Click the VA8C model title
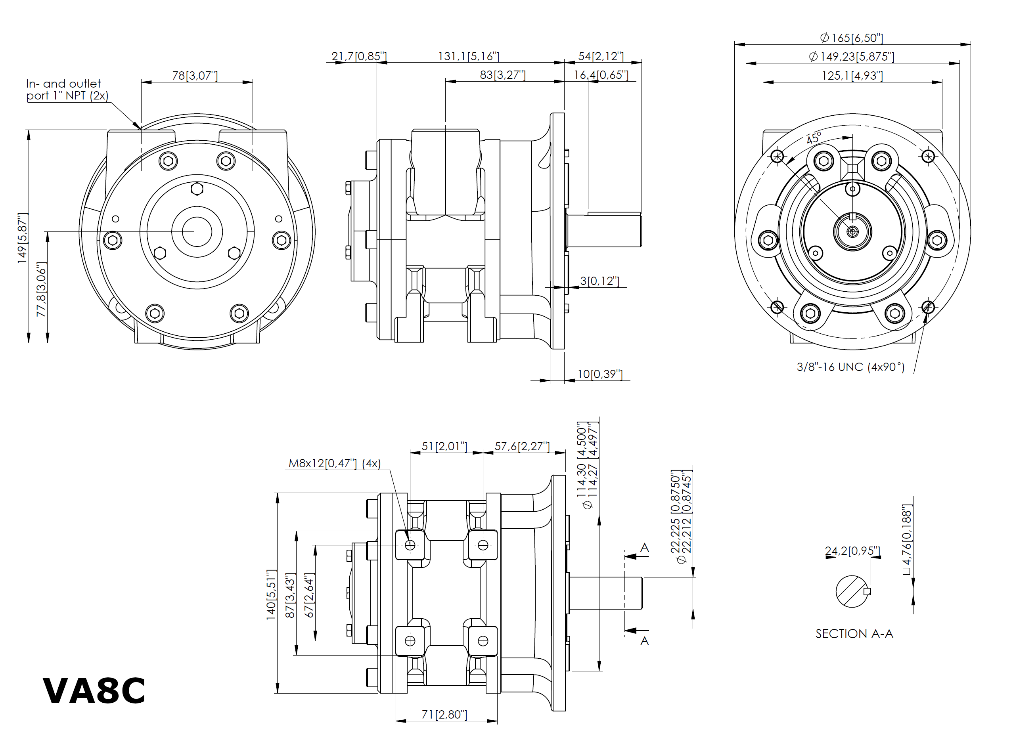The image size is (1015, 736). [94, 691]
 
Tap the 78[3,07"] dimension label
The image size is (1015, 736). [195, 75]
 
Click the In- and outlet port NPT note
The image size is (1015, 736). [67, 90]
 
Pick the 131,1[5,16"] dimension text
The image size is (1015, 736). [468, 56]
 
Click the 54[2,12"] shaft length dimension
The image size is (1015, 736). [601, 56]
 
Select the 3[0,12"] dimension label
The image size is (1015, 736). [600, 281]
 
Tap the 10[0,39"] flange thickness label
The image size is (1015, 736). [600, 374]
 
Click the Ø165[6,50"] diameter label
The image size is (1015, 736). [852, 38]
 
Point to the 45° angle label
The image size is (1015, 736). [814, 138]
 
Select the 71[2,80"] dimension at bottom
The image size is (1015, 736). [444, 714]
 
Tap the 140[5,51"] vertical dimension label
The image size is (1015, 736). [271, 595]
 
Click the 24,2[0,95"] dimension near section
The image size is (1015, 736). [852, 551]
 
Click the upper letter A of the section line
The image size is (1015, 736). [644, 548]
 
